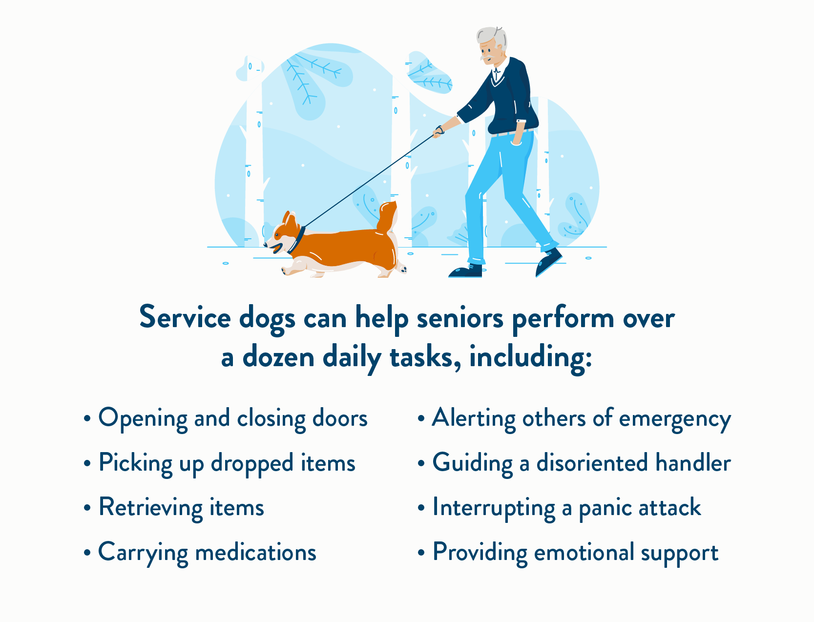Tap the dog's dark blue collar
coord(297,240)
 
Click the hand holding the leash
coord(438,132)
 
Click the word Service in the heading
coord(185,317)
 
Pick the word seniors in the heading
coord(460,318)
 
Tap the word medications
coord(255,552)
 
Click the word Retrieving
coord(150,508)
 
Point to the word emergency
coord(675,419)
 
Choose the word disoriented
coord(592,463)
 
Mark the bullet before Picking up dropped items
coord(87,463)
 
